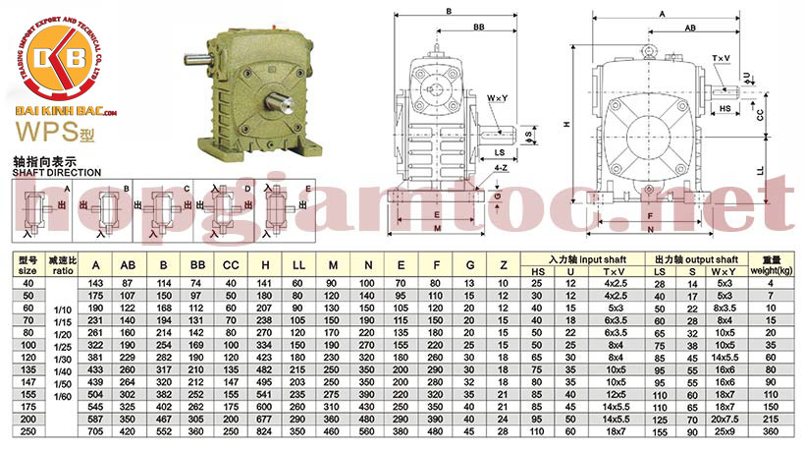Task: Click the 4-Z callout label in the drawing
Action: pos(502,168)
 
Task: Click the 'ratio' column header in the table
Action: pos(63,269)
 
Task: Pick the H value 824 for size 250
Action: pos(265,430)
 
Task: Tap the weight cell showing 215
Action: pos(771,418)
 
